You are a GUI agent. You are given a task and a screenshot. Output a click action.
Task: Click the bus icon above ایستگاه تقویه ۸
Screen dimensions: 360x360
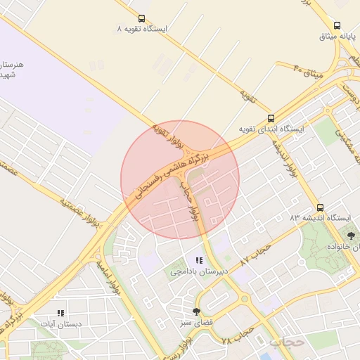(x=142, y=19)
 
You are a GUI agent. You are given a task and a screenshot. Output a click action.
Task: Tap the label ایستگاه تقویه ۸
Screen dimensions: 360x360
(x=143, y=30)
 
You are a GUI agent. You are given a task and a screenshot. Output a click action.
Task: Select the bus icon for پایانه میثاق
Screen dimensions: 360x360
(x=337, y=25)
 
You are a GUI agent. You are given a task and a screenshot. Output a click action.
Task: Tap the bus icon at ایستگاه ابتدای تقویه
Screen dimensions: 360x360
(x=271, y=119)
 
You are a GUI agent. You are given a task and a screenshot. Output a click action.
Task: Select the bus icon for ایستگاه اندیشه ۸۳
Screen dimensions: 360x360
(x=321, y=208)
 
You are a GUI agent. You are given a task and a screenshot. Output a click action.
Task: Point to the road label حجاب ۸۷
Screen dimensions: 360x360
(x=255, y=254)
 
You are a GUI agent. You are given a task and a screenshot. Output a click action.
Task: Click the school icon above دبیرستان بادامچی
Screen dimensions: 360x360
(x=199, y=261)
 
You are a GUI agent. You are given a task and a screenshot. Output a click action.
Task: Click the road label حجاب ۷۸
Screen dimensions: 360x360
(x=236, y=337)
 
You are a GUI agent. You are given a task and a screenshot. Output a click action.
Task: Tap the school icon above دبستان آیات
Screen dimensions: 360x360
(x=60, y=313)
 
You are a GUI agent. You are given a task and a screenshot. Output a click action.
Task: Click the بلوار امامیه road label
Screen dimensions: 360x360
(x=112, y=276)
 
